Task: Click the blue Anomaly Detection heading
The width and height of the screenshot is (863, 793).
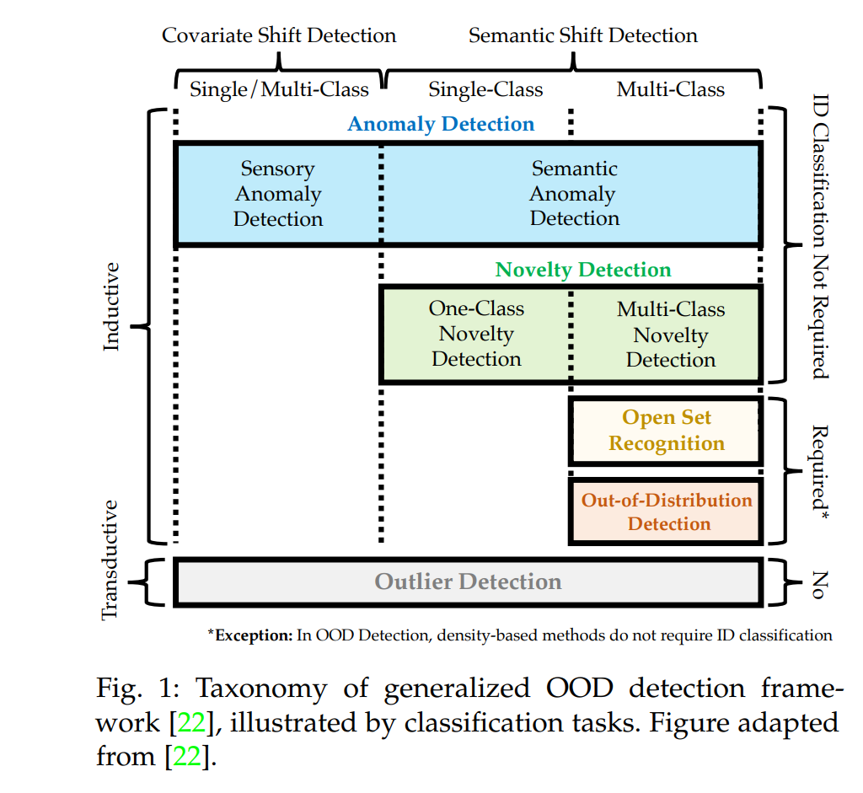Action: click(x=441, y=125)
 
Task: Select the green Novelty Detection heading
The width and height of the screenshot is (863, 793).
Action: click(x=583, y=270)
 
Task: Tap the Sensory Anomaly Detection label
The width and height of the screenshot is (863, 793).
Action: click(x=278, y=194)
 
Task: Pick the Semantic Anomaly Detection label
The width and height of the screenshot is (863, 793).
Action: click(x=574, y=193)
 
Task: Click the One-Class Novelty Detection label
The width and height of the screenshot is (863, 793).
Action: click(x=477, y=334)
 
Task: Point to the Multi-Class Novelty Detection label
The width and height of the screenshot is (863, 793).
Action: click(x=671, y=335)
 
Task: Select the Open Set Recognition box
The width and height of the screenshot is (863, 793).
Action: click(x=666, y=431)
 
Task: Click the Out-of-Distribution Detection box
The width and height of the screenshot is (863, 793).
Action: click(x=666, y=512)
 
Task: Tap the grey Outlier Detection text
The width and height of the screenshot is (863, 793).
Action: click(x=469, y=581)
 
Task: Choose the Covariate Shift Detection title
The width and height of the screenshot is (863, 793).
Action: click(x=279, y=35)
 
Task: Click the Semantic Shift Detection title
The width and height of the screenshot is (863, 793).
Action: click(x=583, y=35)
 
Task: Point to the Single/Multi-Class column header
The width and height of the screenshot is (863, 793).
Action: click(x=279, y=89)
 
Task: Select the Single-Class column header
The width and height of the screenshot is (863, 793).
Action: click(x=485, y=89)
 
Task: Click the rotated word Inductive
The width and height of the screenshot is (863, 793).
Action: click(x=111, y=307)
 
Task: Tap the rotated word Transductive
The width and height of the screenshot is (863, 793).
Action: click(x=110, y=560)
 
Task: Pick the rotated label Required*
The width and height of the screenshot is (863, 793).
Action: click(x=819, y=473)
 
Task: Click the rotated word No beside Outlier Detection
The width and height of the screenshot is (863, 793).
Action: click(x=819, y=585)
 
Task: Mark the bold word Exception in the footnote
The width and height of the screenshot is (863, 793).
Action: click(x=254, y=635)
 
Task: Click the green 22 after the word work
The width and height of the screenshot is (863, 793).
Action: click(x=191, y=722)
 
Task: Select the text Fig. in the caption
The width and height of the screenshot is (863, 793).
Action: click(x=119, y=689)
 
